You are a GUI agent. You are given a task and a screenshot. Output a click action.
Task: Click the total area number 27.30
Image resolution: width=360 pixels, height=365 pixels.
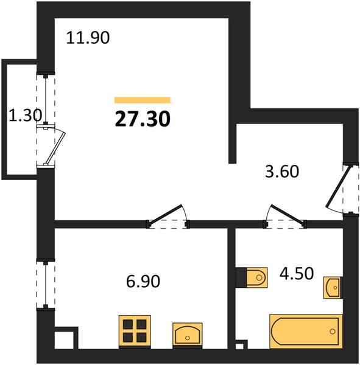click(x=143, y=119)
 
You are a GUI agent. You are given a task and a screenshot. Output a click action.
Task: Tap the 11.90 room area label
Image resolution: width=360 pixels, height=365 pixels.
click(x=88, y=38)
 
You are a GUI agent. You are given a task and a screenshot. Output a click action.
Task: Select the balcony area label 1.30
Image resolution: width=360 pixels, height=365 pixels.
click(x=25, y=116)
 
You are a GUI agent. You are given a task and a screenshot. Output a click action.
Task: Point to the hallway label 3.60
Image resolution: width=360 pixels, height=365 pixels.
click(x=282, y=172)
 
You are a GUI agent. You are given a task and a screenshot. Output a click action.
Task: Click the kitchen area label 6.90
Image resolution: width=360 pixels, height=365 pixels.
click(x=143, y=281)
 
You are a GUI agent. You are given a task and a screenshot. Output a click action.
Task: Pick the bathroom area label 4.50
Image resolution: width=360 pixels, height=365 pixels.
click(x=297, y=273)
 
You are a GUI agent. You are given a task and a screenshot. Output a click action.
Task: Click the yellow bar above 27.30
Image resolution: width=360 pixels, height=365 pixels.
click(x=143, y=100)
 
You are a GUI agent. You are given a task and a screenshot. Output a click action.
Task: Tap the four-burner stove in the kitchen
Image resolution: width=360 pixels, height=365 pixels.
click(x=135, y=332)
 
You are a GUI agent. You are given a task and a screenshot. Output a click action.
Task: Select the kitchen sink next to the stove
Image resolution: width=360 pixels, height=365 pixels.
click(x=188, y=335)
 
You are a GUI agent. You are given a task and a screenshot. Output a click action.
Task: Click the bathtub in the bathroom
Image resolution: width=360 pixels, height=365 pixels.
click(x=306, y=332)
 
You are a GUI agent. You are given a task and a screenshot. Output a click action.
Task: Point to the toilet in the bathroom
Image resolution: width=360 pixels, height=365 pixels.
click(x=252, y=277)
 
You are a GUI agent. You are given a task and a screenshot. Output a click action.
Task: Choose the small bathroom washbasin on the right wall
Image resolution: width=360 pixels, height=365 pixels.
click(x=333, y=288)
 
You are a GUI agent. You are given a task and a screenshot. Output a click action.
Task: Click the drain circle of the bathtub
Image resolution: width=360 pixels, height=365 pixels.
click(x=333, y=332)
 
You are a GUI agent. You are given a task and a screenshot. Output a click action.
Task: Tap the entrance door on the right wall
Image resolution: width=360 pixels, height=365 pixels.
click(x=338, y=187)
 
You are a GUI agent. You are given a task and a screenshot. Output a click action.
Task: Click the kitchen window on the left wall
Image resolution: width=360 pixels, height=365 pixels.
click(x=46, y=285)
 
